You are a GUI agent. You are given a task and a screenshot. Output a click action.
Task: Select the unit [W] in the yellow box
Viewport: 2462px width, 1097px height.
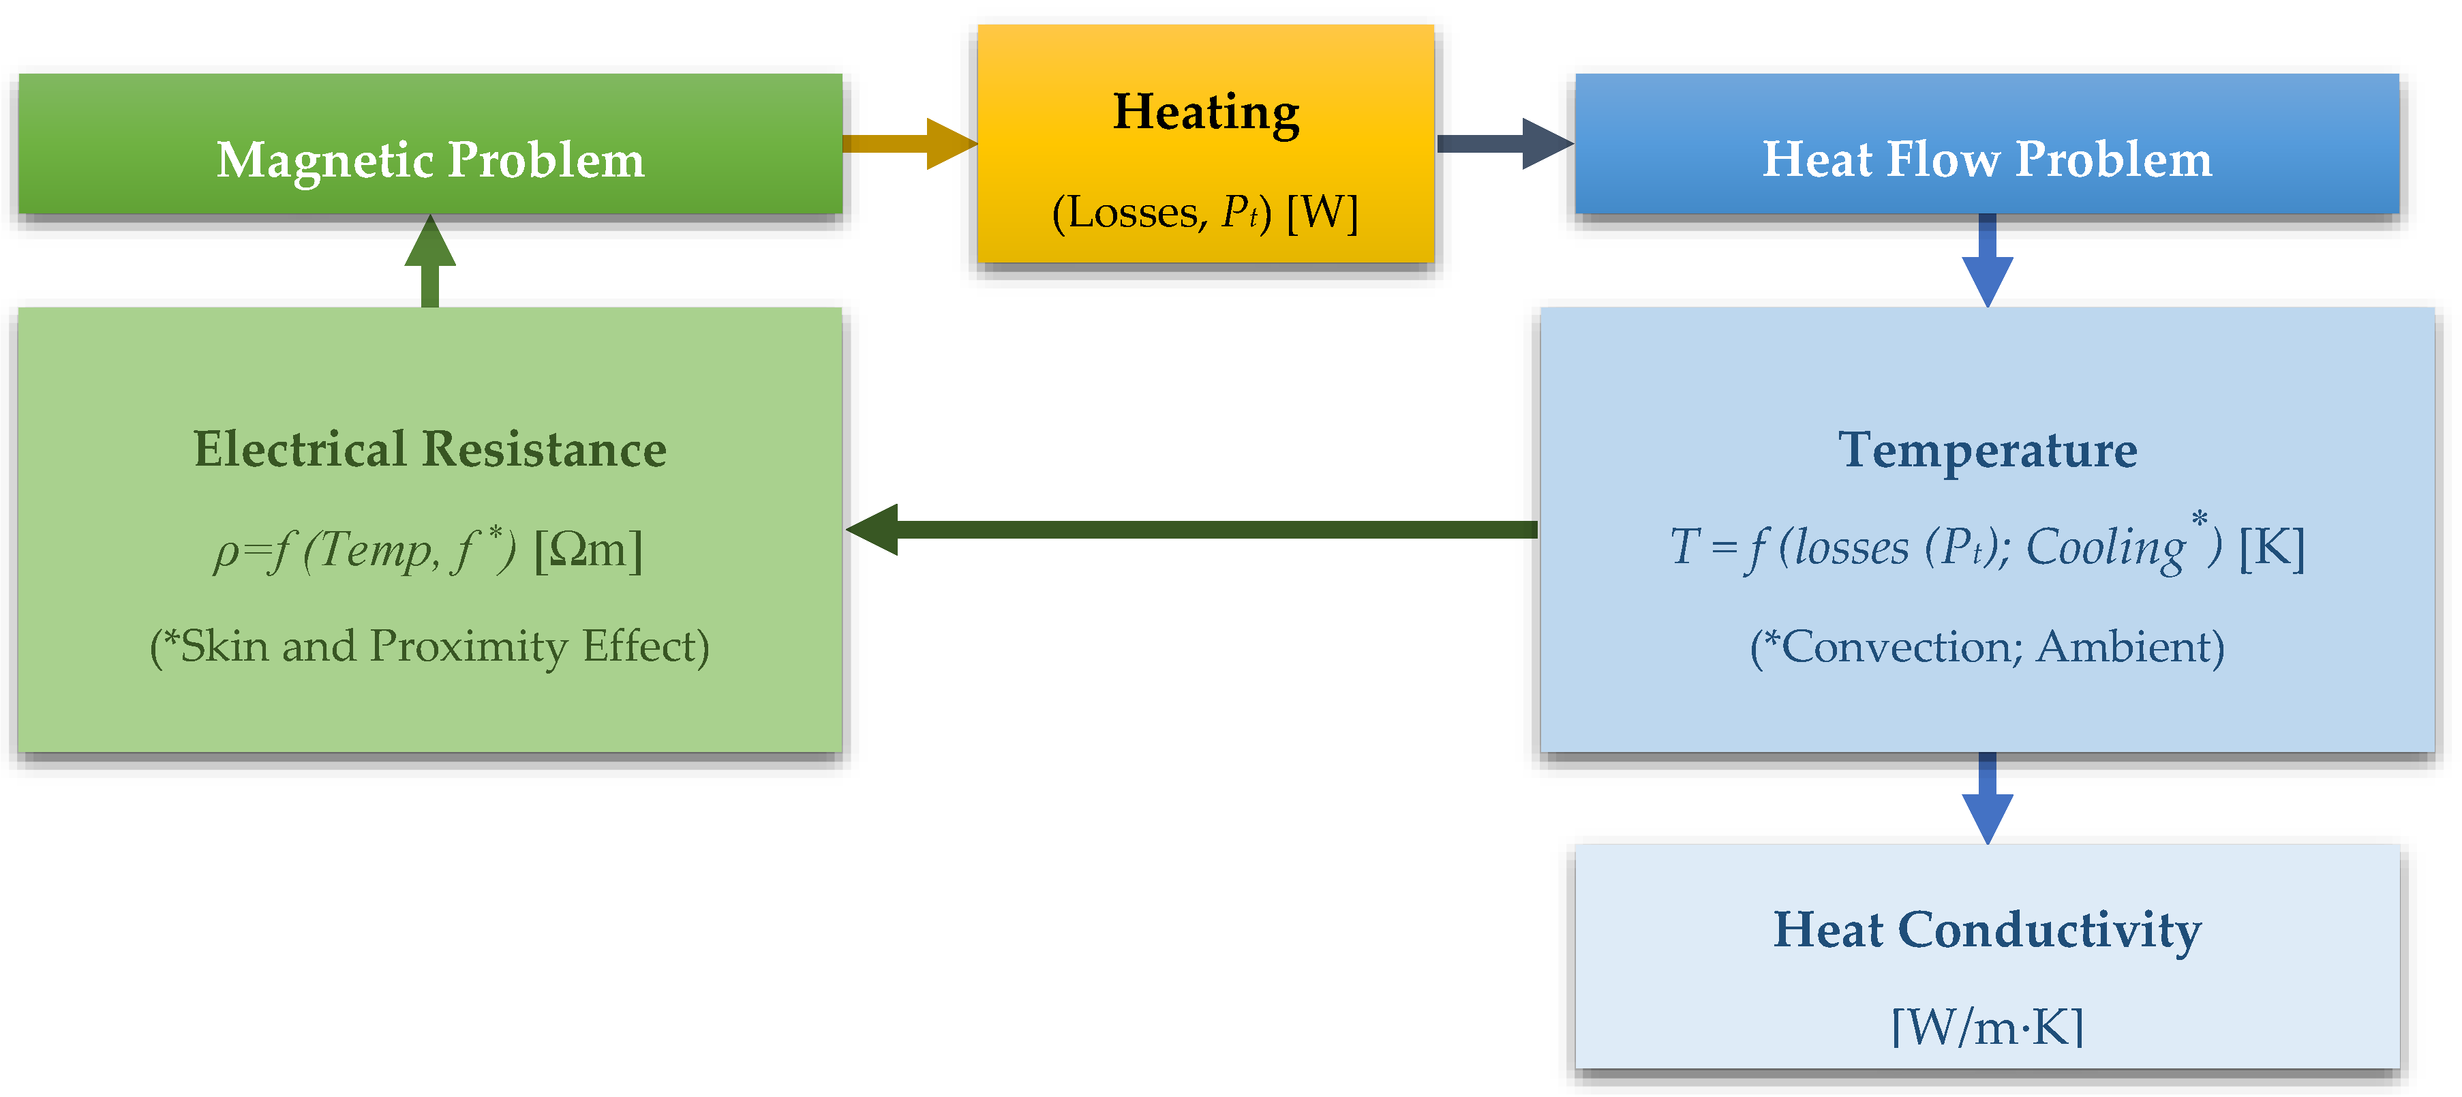[x=1322, y=212]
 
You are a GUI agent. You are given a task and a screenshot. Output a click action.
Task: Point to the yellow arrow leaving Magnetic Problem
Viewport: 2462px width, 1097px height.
[x=908, y=143]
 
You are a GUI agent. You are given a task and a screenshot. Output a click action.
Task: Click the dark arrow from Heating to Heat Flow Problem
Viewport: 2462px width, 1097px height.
[x=1504, y=143]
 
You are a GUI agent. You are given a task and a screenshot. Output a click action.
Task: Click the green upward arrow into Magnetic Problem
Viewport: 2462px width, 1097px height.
[x=430, y=260]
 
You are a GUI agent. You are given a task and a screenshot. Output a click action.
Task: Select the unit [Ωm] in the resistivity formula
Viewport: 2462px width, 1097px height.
[x=588, y=550]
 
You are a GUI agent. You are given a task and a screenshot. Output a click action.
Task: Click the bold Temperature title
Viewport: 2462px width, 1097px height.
[x=1987, y=449]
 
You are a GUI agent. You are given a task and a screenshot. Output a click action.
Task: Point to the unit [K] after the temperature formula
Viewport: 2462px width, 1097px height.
[x=2272, y=548]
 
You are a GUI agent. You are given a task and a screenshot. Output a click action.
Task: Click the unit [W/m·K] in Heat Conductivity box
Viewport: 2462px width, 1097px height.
[x=1987, y=1027]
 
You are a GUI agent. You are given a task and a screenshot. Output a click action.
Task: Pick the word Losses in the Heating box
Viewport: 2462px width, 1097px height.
[x=1133, y=212]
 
